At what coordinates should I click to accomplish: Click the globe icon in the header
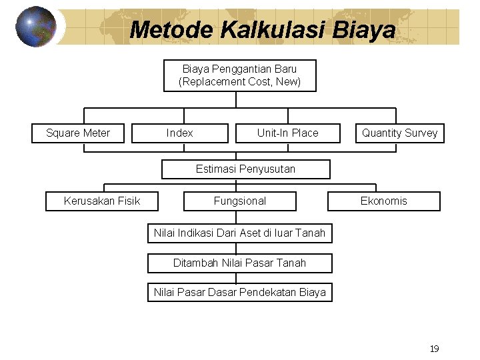pyautogui.click(x=35, y=27)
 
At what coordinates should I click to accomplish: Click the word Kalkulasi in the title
pyautogui.click(x=270, y=29)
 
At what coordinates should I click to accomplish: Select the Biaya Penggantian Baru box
pyautogui.click(x=239, y=75)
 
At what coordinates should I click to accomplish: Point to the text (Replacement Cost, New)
pyautogui.click(x=239, y=82)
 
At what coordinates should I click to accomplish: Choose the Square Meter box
pyautogui.click(x=78, y=133)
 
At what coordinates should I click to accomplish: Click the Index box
pyautogui.click(x=180, y=133)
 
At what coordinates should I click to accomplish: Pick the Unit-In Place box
pyautogui.click(x=287, y=133)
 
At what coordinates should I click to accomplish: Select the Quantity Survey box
pyautogui.click(x=399, y=133)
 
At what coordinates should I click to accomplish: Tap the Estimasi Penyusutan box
pyautogui.click(x=245, y=169)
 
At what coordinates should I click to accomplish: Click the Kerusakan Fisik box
pyautogui.click(x=102, y=201)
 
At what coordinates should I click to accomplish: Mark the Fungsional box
pyautogui.click(x=239, y=201)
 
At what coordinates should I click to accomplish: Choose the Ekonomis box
pyautogui.click(x=383, y=201)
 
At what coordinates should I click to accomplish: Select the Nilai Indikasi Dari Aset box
pyautogui.click(x=239, y=233)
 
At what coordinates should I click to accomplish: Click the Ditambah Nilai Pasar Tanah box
pyautogui.click(x=239, y=263)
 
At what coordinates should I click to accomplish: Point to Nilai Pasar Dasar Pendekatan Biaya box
pyautogui.click(x=239, y=293)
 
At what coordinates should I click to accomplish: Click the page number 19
pyautogui.click(x=434, y=349)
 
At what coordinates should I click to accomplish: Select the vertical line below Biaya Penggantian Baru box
pyautogui.click(x=236, y=99)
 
